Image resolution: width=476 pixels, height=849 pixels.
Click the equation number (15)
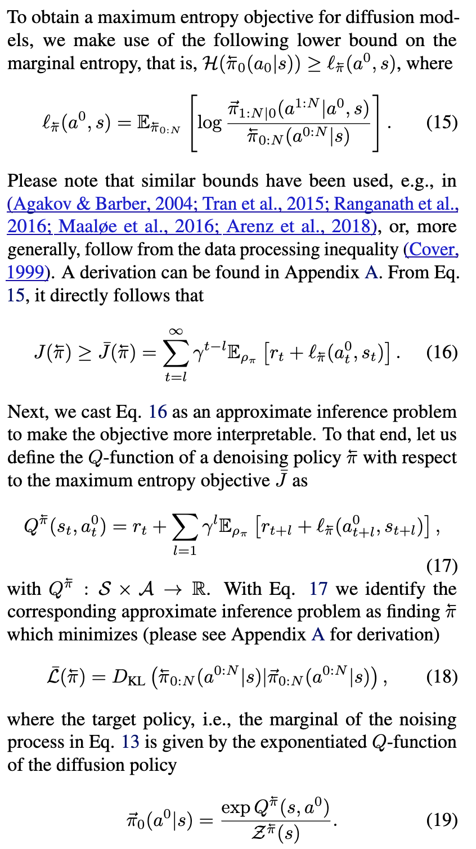click(x=442, y=123)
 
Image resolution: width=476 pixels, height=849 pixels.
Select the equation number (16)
click(x=442, y=353)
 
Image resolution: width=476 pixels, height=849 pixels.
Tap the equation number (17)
click(x=442, y=566)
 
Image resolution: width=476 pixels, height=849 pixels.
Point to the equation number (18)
click(x=442, y=676)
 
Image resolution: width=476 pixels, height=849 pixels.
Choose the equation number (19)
click(x=442, y=820)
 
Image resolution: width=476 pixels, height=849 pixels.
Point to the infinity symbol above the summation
click(x=176, y=332)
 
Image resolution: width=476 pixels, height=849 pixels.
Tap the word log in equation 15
click(x=209, y=123)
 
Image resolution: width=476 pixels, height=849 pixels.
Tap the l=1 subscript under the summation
click(x=185, y=550)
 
